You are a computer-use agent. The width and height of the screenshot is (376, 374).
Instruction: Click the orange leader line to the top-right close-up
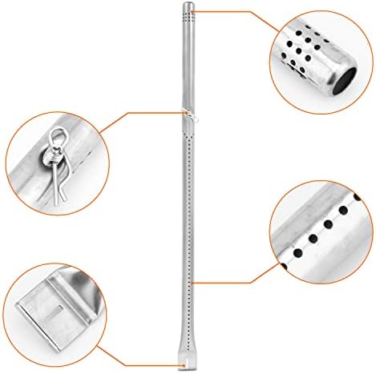point(241,12)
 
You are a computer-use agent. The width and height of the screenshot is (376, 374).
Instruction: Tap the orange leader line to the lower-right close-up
point(241,282)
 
